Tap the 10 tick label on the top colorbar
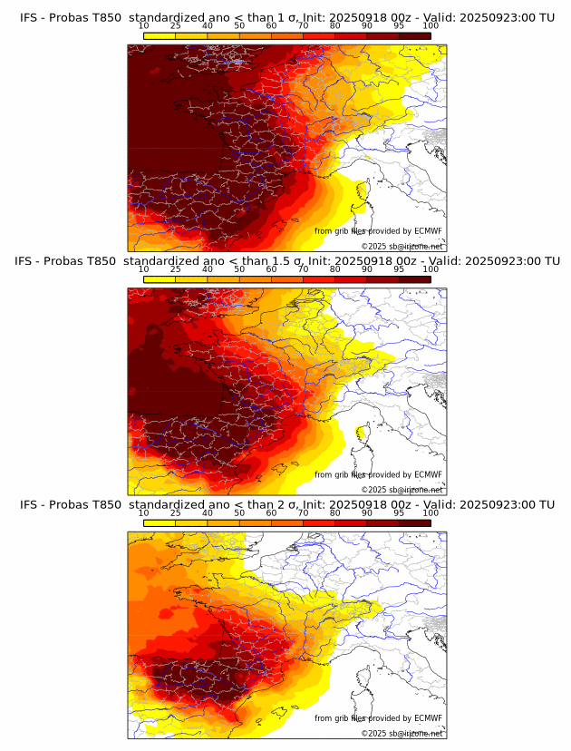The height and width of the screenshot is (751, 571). coord(143,25)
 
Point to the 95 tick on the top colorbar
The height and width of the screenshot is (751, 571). coord(399,25)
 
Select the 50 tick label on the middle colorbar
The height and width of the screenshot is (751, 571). coord(239,269)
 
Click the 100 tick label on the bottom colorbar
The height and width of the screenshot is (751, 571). coord(431,512)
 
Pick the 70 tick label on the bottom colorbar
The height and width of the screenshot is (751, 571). coord(303,512)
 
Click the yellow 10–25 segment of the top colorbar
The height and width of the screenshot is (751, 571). coord(160,35)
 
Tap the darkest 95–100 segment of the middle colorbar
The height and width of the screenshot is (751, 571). coord(415,279)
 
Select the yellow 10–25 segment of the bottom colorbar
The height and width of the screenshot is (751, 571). coord(160,522)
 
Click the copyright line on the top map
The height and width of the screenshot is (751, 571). coord(402,246)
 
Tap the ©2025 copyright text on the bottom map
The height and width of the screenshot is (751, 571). coord(402,733)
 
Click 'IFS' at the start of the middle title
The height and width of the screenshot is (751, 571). coord(29,261)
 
